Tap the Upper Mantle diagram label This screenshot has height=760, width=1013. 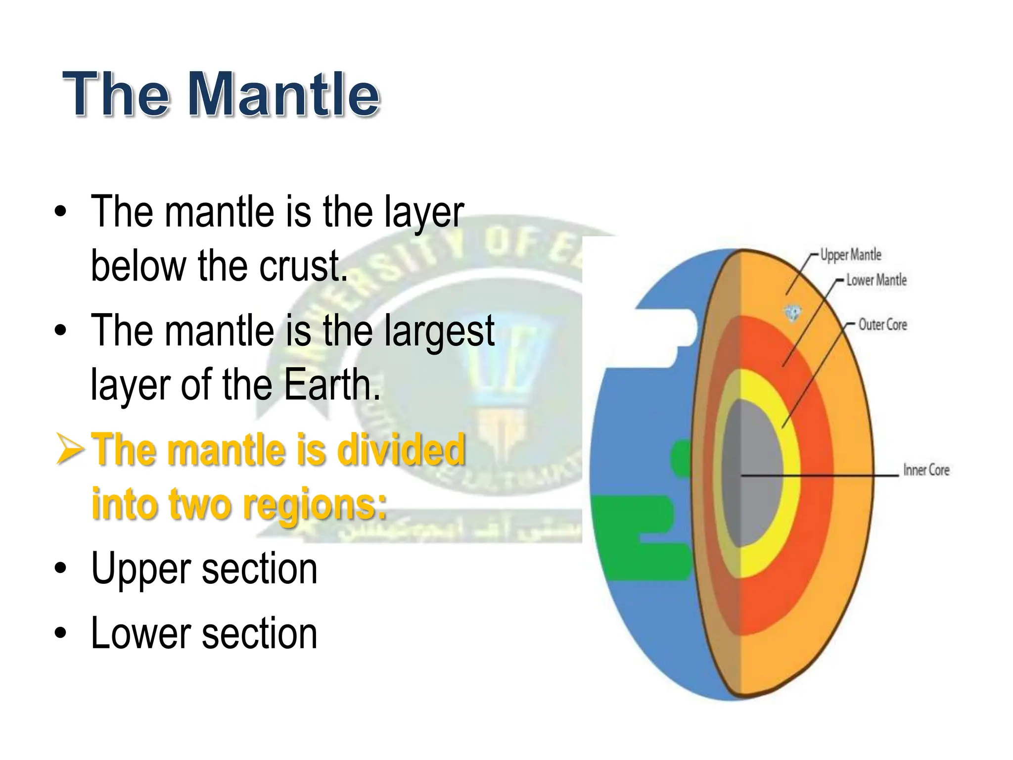point(851,255)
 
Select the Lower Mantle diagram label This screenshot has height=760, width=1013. point(876,280)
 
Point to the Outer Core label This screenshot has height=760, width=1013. point(882,325)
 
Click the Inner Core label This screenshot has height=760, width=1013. point(926,470)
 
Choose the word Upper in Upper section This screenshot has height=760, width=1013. point(141,569)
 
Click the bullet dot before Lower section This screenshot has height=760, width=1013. point(60,634)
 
